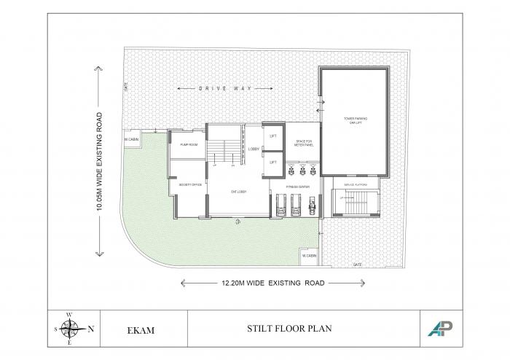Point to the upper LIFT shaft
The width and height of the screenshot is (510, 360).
click(x=273, y=136)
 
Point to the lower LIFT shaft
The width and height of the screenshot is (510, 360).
click(x=273, y=163)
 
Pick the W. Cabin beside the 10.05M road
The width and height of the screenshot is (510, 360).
click(x=131, y=138)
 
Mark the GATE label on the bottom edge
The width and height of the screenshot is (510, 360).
click(x=357, y=265)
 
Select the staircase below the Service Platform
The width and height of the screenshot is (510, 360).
click(x=354, y=203)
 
